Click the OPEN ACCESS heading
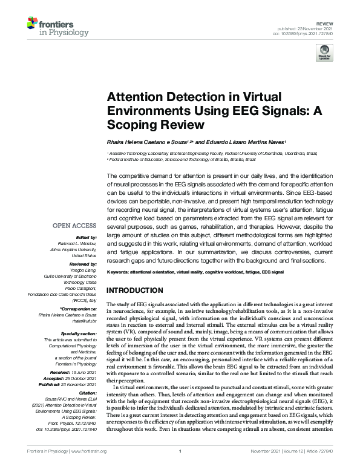pos(74,225)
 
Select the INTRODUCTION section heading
pos(138,290)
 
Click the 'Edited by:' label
pos(86,237)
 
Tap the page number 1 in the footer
pos(180,467)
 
